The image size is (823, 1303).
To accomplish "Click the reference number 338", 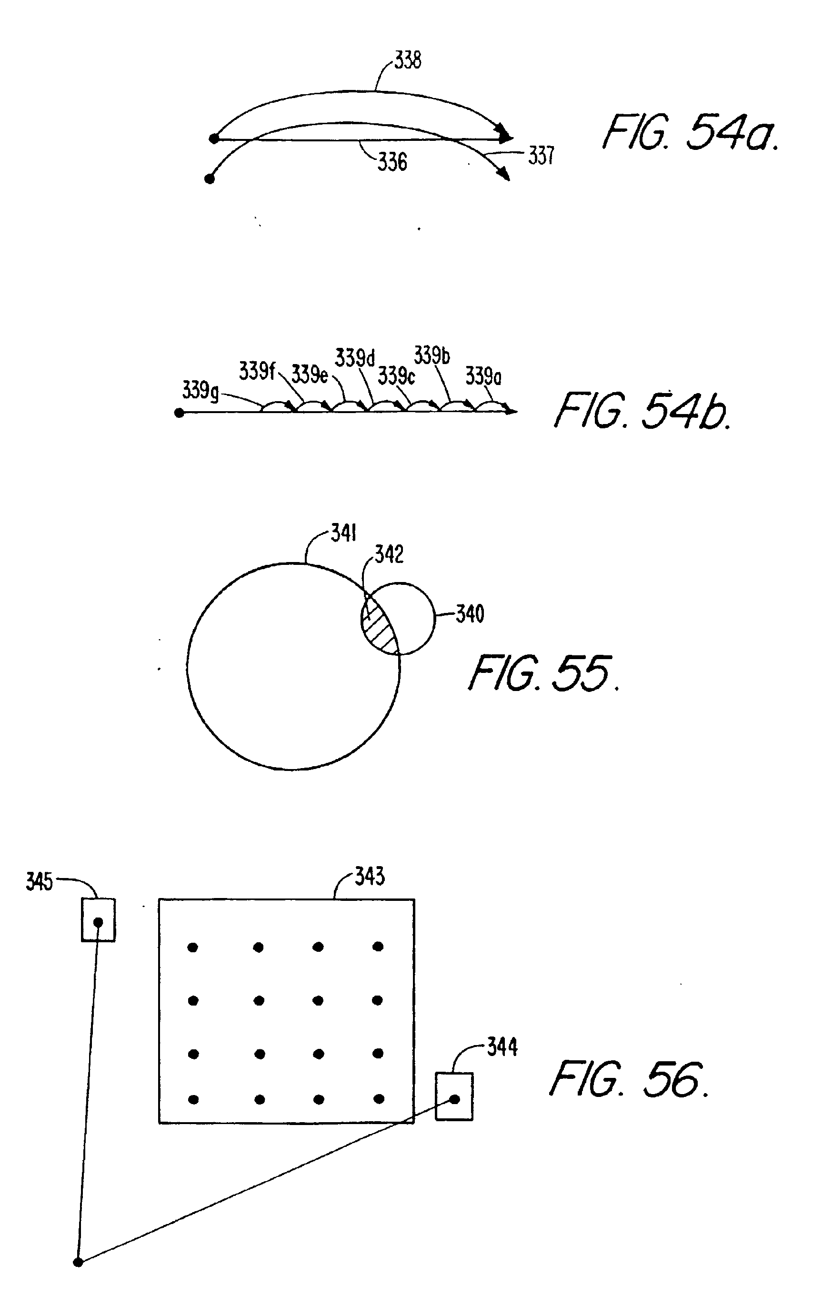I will [x=407, y=60].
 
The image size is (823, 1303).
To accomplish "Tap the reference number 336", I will [x=392, y=162].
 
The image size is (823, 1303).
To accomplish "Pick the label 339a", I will [x=483, y=376].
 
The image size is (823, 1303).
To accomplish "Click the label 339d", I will [x=355, y=358].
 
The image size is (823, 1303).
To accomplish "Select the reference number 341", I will [x=343, y=533].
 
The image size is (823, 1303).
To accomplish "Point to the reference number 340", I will [x=470, y=614].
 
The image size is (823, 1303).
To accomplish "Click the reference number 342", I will [x=389, y=554].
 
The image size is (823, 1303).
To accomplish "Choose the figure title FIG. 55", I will [x=543, y=674].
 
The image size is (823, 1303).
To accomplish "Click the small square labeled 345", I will [x=98, y=920].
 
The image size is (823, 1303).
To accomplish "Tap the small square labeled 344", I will [x=454, y=1097].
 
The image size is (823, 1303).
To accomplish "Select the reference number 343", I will [x=369, y=876].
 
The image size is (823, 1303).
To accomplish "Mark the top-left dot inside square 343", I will [x=193, y=947].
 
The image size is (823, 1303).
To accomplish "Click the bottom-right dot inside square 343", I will [x=379, y=1099].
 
